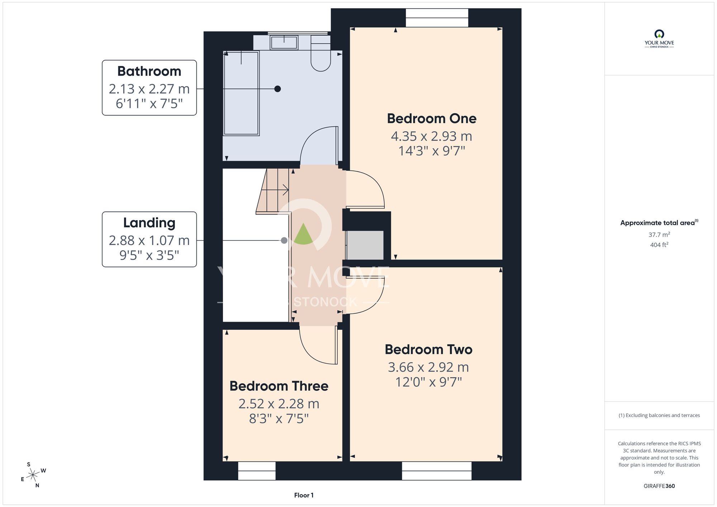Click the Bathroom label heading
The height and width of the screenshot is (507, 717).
coord(149,71)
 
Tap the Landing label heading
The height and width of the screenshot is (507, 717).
coord(149,223)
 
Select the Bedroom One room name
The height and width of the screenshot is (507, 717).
coord(432,118)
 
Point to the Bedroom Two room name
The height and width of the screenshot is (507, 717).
coord(428,349)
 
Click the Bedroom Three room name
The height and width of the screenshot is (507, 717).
coord(279,386)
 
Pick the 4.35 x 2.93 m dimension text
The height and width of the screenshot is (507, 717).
coord(432,136)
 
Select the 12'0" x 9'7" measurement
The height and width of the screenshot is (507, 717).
coord(428,382)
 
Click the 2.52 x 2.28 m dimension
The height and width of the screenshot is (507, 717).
coord(279,404)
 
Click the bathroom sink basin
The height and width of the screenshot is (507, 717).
coord(284,43)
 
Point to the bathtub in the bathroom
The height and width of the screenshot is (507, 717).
coord(241,93)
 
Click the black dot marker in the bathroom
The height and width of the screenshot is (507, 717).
coord(277,89)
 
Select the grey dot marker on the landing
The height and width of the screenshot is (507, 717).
coord(284,241)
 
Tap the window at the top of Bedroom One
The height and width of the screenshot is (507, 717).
coord(437,18)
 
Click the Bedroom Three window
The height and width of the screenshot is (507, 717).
coord(257,471)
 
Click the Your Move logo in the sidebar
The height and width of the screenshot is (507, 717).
coord(659,39)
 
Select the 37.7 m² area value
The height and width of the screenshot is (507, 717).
coord(659,234)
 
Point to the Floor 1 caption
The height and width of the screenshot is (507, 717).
coord(304,495)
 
